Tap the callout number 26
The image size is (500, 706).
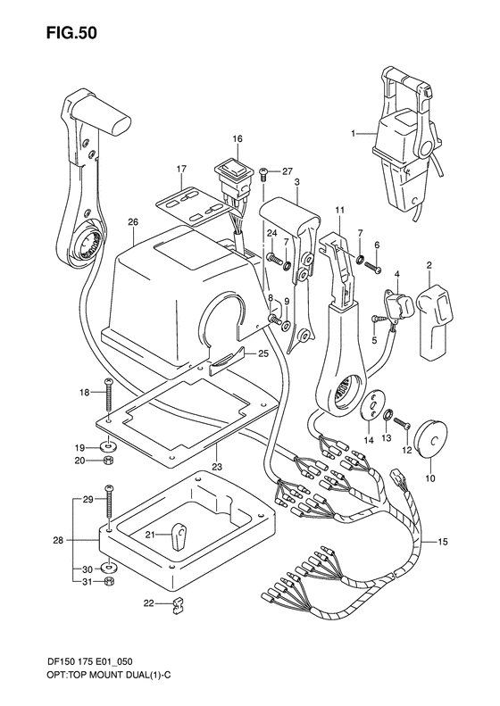pyautogui.click(x=132, y=222)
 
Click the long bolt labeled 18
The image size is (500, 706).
pyautogui.click(x=107, y=396)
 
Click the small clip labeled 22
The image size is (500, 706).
pyautogui.click(x=176, y=609)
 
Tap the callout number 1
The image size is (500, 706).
pyautogui.click(x=354, y=134)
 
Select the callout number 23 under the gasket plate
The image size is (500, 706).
pyautogui.click(x=217, y=464)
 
